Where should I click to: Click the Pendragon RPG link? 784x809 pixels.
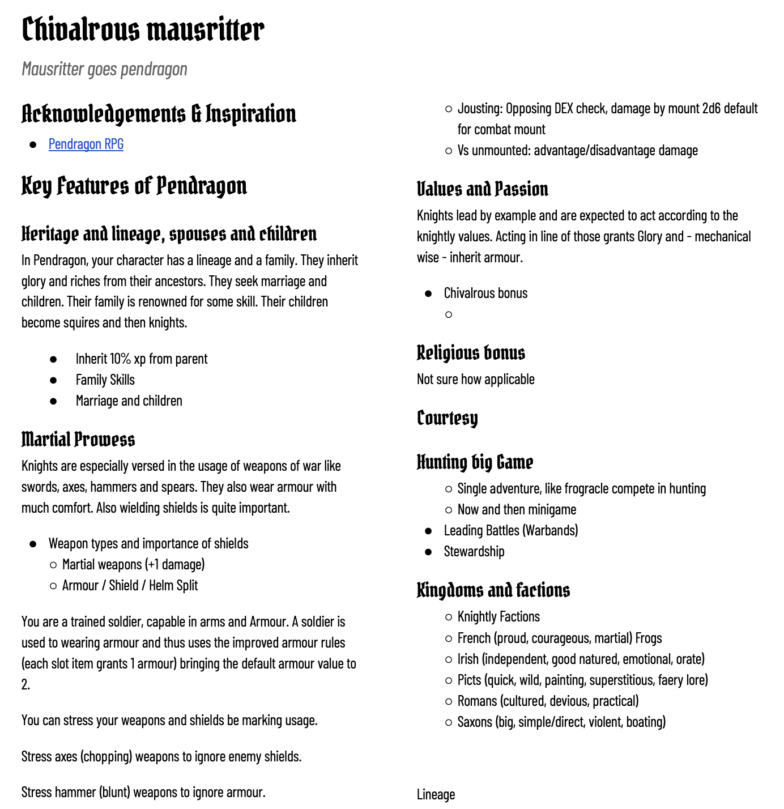point(86,144)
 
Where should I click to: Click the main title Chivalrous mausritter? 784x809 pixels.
point(143,29)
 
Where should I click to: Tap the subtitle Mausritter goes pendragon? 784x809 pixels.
point(104,69)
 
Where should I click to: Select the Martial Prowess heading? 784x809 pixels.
point(78,440)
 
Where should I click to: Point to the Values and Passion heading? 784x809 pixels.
point(482,189)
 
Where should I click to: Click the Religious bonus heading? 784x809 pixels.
point(471,353)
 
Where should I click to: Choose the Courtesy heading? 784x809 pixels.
point(447,418)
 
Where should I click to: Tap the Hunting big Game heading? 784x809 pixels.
point(475,462)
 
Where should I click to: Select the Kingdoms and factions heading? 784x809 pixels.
point(493,590)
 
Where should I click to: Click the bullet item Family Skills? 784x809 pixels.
point(105,380)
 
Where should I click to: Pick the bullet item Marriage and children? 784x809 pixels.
point(129,401)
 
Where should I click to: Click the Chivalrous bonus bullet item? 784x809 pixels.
point(485,293)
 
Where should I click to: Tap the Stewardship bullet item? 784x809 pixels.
point(474,552)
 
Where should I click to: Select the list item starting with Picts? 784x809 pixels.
point(582,680)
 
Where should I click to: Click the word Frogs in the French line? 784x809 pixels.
point(649,638)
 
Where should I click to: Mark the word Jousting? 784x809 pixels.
point(479,109)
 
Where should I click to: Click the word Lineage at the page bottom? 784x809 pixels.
point(436,795)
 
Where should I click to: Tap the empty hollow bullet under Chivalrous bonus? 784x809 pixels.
point(449,314)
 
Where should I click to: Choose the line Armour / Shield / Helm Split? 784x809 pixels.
point(130,586)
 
